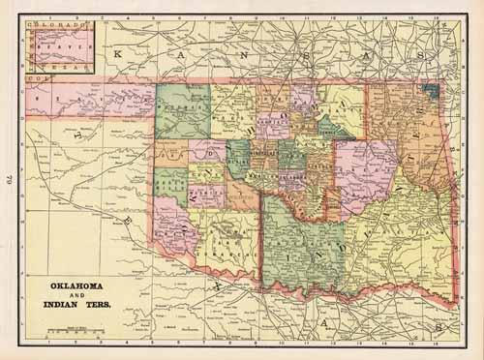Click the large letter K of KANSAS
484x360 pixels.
pos(118,55)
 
